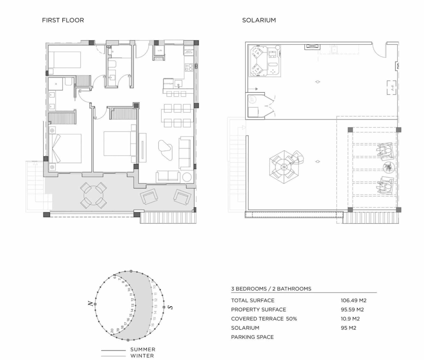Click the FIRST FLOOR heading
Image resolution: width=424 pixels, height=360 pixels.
[x=63, y=20]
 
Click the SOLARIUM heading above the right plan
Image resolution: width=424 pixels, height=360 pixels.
[x=259, y=20]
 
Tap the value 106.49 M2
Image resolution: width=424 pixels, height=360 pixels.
[x=353, y=301]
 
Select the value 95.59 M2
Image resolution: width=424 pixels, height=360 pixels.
[x=352, y=310]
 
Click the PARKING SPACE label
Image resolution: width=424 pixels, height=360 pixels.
[x=252, y=337]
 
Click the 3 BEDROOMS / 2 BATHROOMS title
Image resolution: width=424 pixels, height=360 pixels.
[x=271, y=289]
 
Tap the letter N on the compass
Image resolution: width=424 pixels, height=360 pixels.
[x=91, y=303]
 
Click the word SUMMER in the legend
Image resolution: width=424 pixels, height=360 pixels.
[x=143, y=349]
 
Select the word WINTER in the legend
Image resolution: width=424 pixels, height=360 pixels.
[x=142, y=356]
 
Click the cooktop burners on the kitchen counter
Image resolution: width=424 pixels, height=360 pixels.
[x=189, y=67]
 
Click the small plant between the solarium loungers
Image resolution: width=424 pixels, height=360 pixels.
[x=388, y=167]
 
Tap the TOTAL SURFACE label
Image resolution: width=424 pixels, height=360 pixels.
[x=253, y=301]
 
